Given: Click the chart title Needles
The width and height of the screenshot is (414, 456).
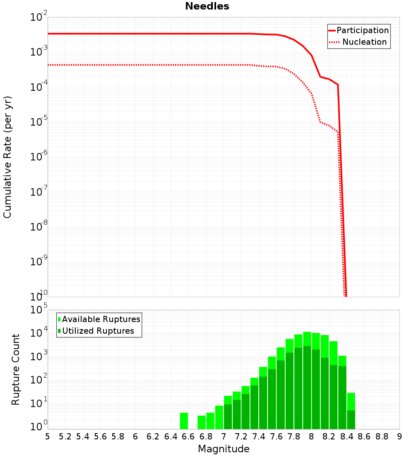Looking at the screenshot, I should point(207,6).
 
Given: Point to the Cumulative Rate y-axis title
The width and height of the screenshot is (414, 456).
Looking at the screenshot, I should point(7,157).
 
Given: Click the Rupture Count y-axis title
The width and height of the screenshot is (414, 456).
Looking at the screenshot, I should point(16,369).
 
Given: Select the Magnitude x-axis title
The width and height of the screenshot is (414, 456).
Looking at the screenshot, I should point(224,449).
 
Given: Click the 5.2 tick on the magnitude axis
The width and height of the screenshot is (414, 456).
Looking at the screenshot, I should point(65,436).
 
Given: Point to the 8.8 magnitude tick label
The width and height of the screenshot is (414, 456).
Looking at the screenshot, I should point(382,436).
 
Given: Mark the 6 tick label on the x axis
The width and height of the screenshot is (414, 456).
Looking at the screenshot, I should point(135,436).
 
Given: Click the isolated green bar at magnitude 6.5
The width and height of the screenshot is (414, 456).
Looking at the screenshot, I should point(184,421).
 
